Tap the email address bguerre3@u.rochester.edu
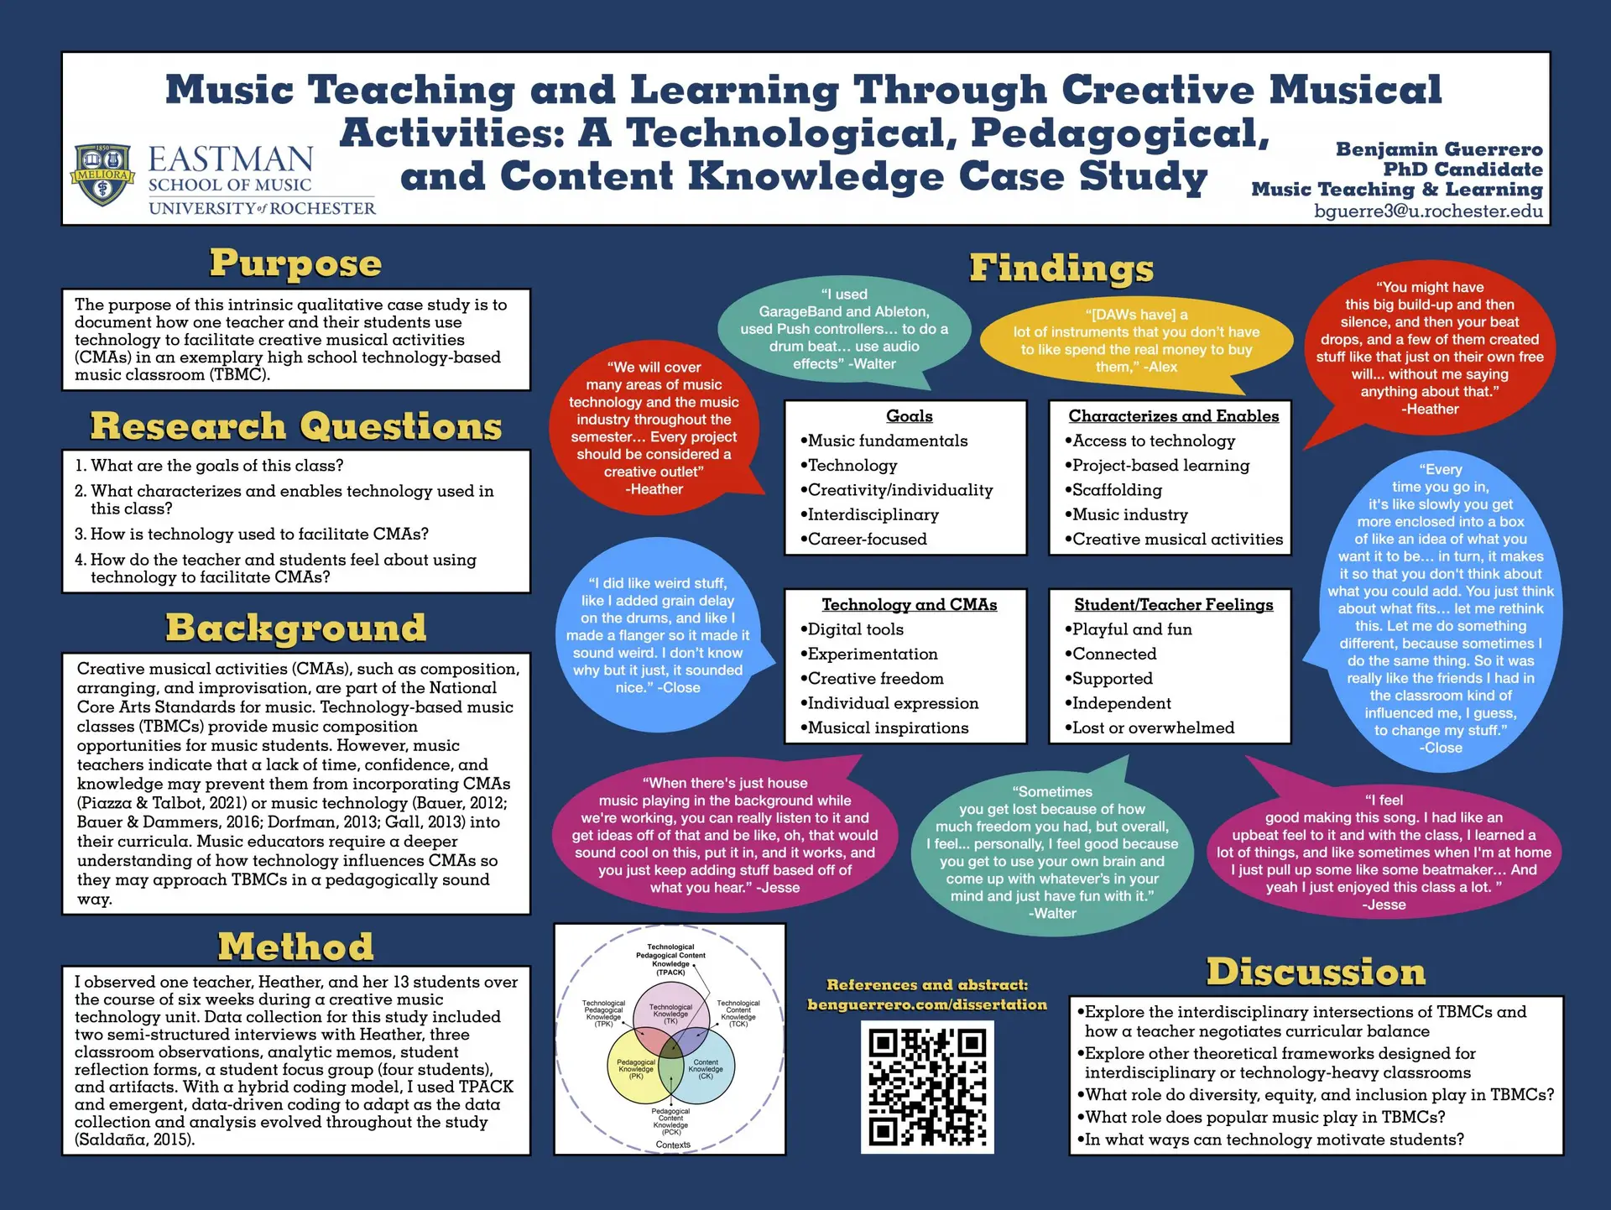[1428, 211]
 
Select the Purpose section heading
[295, 263]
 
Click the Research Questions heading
[295, 426]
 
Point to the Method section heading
[295, 947]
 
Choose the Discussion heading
[1316, 972]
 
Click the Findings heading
[1061, 269]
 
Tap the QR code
[927, 1087]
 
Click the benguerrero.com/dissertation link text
[927, 1004]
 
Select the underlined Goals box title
[909, 416]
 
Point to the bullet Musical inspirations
[888, 728]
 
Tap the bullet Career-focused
[867, 540]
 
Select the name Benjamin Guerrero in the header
[1438, 149]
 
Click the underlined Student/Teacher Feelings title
[1173, 605]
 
